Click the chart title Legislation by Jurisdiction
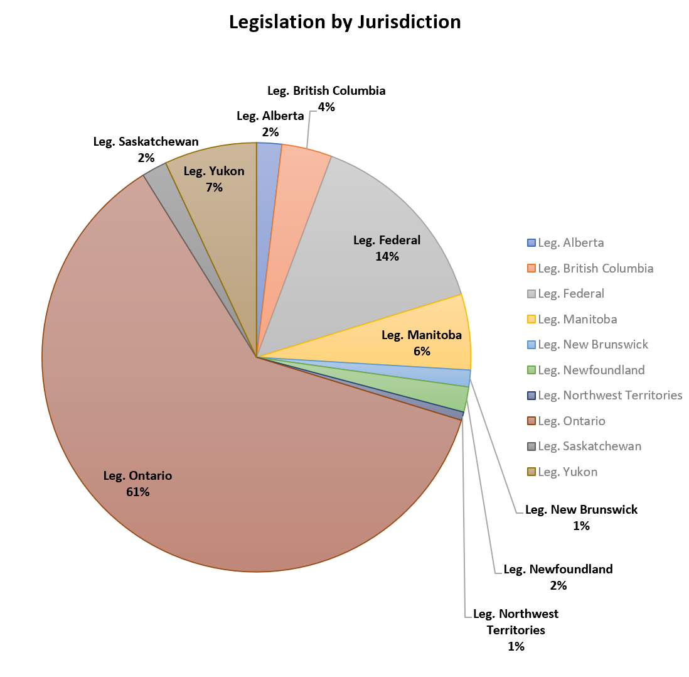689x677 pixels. coord(344,22)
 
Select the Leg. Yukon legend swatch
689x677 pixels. coord(531,472)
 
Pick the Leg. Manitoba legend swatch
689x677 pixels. coord(531,320)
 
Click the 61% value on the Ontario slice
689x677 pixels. coord(137,492)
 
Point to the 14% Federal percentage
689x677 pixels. coord(387,256)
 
